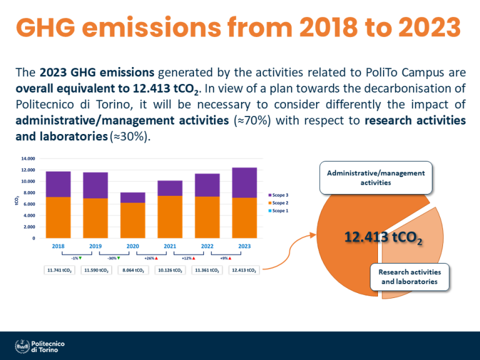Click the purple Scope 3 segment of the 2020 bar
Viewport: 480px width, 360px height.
click(x=133, y=197)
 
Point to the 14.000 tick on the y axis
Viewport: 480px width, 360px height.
click(x=28, y=159)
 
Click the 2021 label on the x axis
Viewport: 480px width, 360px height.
click(x=170, y=247)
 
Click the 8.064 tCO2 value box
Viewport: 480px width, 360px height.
click(x=133, y=270)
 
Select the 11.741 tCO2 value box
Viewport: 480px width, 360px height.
click(x=58, y=270)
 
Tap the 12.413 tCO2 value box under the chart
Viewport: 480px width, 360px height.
click(x=243, y=270)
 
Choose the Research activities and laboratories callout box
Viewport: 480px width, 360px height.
click(x=409, y=277)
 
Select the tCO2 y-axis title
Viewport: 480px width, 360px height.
click(x=17, y=200)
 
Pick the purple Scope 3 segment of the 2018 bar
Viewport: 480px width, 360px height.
click(x=58, y=184)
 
